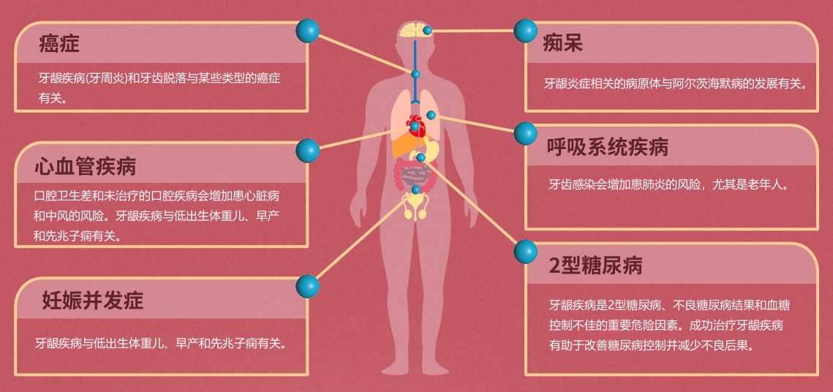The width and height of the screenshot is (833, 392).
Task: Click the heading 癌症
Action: pyautogui.click(x=59, y=44)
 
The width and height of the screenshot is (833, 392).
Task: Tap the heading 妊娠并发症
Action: pyautogui.click(x=93, y=301)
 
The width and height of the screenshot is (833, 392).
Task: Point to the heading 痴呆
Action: pyautogui.click(x=562, y=44)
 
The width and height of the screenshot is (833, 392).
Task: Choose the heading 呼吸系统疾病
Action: pyautogui.click(x=608, y=147)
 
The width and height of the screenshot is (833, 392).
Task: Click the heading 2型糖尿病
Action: pyautogui.click(x=596, y=265)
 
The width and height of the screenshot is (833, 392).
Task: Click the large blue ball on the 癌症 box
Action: pyautogui.click(x=308, y=30)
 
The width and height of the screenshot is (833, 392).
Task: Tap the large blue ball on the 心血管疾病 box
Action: pyautogui.click(x=308, y=151)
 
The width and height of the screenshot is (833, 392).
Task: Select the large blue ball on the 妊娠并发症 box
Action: pyautogui.click(x=308, y=286)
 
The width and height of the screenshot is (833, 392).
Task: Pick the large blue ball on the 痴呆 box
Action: pyautogui.click(x=525, y=30)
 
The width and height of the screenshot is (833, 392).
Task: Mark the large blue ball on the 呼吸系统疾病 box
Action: pyautogui.click(x=525, y=133)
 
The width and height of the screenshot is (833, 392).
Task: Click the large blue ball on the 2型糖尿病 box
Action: pyautogui.click(x=525, y=252)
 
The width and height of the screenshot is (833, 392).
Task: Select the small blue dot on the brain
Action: pyautogui.click(x=428, y=31)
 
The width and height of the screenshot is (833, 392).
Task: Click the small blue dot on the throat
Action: pyautogui.click(x=416, y=74)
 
